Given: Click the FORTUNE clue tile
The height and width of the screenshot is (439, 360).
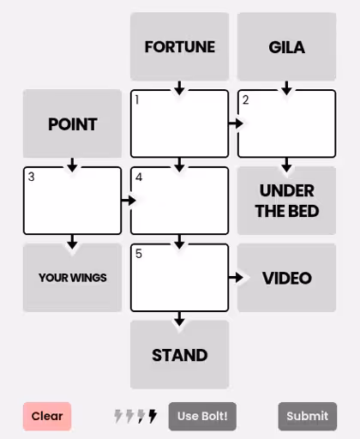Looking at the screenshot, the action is pyautogui.click(x=180, y=46).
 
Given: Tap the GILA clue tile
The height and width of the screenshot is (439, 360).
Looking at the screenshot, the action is pyautogui.click(x=286, y=46).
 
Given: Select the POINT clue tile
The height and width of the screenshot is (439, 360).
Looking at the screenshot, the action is pyautogui.click(x=72, y=123).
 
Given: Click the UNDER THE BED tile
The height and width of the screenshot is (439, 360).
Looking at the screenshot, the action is pyautogui.click(x=286, y=201).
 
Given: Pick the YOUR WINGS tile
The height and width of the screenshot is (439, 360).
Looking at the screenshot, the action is pyautogui.click(x=72, y=278).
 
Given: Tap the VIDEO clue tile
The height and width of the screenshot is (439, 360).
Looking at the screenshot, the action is pyautogui.click(x=286, y=278).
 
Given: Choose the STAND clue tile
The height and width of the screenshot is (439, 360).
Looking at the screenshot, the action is pyautogui.click(x=180, y=355).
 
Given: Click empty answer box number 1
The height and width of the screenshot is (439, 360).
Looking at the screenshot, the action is pyautogui.click(x=180, y=123).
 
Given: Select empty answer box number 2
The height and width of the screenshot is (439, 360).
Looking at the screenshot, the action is pyautogui.click(x=286, y=123).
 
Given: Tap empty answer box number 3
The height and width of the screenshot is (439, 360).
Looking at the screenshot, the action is pyautogui.click(x=72, y=201).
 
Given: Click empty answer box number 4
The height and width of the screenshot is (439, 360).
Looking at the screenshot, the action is pyautogui.click(x=180, y=201).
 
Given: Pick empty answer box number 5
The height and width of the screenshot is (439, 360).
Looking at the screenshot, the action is pyautogui.click(x=180, y=278).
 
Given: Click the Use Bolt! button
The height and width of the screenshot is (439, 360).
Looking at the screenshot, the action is pyautogui.click(x=202, y=416).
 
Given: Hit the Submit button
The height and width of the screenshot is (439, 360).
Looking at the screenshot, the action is pyautogui.click(x=308, y=416).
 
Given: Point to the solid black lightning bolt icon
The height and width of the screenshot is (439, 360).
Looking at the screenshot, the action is pyautogui.click(x=153, y=416).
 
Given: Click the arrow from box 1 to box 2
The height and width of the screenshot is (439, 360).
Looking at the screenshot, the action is pyautogui.click(x=236, y=123).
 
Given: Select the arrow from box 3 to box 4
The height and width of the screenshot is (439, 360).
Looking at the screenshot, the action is pyautogui.click(x=129, y=201).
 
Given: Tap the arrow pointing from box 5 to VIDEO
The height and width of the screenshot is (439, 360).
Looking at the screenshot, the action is pyautogui.click(x=236, y=278).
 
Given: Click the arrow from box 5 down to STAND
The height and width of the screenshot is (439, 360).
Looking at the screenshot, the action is pyautogui.click(x=179, y=319).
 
